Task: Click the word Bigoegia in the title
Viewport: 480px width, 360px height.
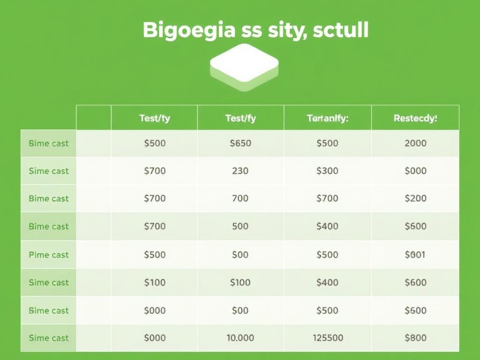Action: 188,30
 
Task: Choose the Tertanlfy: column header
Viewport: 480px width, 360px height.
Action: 327,119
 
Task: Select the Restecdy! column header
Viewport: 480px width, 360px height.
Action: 415,119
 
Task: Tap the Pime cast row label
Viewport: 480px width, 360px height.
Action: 49,255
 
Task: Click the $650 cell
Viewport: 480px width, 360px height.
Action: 240,143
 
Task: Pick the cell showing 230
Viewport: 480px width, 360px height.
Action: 240,171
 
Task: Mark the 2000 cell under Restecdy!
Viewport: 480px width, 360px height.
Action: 415,143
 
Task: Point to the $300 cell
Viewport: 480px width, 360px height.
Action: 327,171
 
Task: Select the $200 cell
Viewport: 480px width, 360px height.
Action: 415,198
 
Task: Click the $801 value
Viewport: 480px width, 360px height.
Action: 415,255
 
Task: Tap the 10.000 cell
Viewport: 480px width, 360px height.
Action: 240,338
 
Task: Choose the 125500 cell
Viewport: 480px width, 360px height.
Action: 327,338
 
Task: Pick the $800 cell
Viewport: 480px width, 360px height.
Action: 415,338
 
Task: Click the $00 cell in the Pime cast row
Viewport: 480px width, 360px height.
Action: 240,255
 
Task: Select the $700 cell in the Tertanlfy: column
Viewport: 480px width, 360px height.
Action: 327,198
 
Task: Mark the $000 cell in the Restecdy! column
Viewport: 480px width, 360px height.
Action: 415,171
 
